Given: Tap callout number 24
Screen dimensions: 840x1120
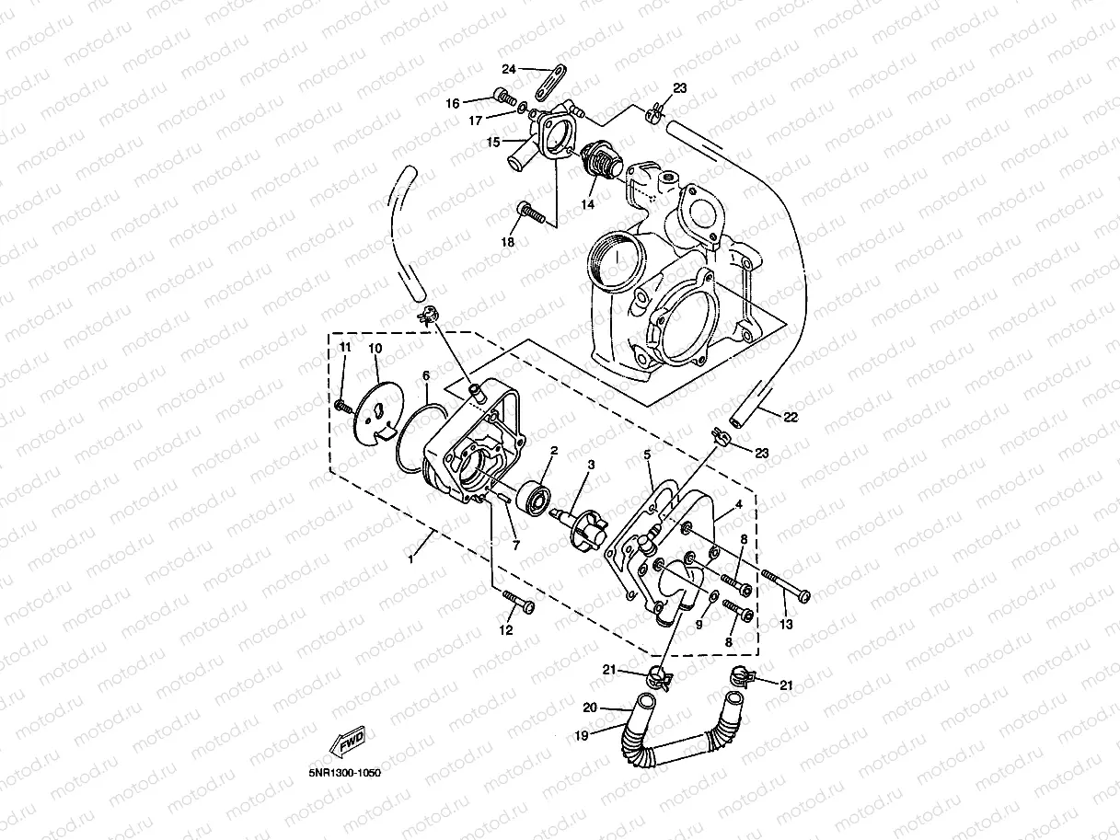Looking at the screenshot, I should click(509, 69).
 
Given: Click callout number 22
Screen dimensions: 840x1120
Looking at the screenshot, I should click(790, 417).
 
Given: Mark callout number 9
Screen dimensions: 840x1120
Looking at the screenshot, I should click(699, 625).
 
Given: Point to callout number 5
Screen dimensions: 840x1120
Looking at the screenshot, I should click(647, 454).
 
